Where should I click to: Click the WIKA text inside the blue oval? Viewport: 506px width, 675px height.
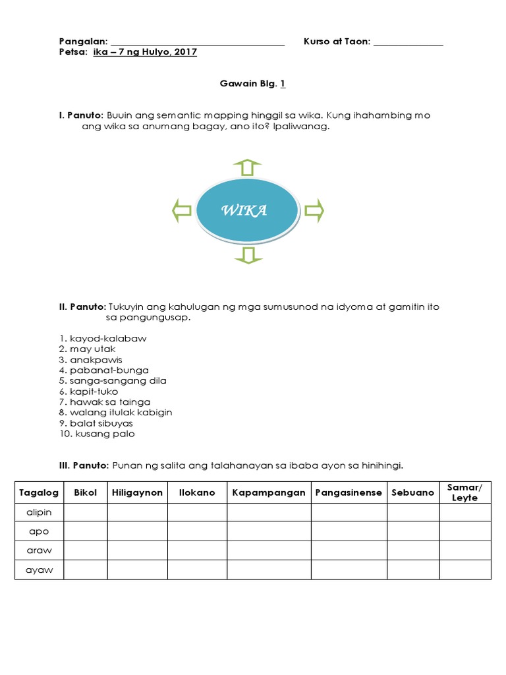click(244, 211)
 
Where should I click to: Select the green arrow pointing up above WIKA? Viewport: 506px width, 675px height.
click(247, 167)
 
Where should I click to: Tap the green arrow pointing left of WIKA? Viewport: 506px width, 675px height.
click(182, 211)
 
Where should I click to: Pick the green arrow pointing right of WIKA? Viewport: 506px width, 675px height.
click(314, 211)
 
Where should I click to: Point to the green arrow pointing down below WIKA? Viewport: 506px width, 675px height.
click(248, 256)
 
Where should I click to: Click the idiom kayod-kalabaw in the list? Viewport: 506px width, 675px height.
click(103, 338)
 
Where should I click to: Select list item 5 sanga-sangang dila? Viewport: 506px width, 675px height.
click(112, 380)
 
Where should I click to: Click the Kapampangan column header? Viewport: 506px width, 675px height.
click(269, 492)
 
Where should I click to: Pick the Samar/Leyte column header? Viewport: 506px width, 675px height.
click(464, 492)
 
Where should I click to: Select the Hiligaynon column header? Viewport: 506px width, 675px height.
click(137, 492)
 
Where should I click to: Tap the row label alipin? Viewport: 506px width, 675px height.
click(40, 512)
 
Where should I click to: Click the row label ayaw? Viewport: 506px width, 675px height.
click(40, 570)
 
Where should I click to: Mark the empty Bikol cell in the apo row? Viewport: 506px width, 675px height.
click(86, 531)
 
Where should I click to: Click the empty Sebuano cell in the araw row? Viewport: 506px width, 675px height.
click(413, 550)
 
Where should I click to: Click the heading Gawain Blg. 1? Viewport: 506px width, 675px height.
click(252, 84)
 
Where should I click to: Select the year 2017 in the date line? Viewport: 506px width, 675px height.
click(186, 53)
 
